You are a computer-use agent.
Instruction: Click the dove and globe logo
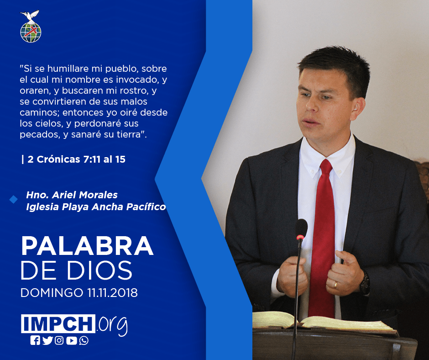[x=31, y=26]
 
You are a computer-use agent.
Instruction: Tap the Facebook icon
[x=35, y=340]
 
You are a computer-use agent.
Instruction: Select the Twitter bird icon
[x=47, y=340]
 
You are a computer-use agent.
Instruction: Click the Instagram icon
[x=59, y=340]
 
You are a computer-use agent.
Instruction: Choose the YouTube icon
[x=71, y=340]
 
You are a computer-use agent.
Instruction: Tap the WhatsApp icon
[x=84, y=340]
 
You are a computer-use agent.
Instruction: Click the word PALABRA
[x=87, y=246]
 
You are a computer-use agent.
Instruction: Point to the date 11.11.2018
[x=113, y=292]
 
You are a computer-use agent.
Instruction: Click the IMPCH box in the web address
[x=58, y=323]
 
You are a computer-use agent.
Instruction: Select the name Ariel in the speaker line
[x=64, y=195]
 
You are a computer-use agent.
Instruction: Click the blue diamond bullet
[x=13, y=200]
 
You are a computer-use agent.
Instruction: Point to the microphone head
[x=302, y=229]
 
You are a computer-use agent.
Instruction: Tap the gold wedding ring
[x=335, y=285]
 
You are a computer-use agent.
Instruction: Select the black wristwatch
[x=365, y=283]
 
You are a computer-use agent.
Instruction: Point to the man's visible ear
[x=358, y=108]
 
